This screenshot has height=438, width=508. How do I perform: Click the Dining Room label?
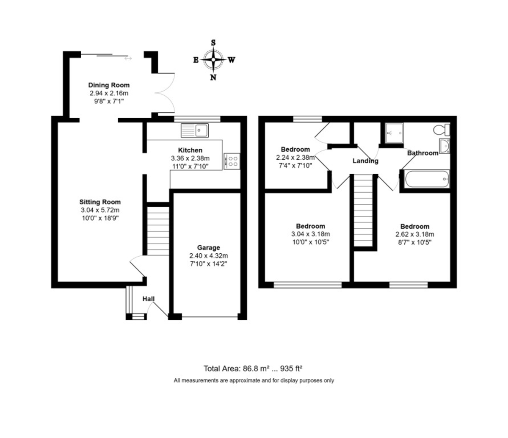(x=109, y=85)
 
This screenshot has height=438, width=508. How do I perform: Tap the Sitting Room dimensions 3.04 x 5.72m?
(x=100, y=210)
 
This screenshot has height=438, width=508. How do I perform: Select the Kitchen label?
(x=190, y=150)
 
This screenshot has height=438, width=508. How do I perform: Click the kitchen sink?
(x=195, y=130)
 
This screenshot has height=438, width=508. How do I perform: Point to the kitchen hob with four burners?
(x=232, y=161)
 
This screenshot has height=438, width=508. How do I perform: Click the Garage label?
(x=208, y=247)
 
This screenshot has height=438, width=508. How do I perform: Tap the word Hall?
(x=149, y=299)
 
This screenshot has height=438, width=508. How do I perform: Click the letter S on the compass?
(x=213, y=43)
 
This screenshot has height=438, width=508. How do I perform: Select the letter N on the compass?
(x=213, y=78)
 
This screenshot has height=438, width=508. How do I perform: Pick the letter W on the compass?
(x=232, y=60)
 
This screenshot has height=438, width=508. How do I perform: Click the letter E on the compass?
(x=196, y=60)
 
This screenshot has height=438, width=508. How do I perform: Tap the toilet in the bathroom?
(x=442, y=130)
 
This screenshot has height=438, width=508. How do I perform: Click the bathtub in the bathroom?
(x=427, y=179)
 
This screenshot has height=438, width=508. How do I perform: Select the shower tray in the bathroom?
(x=394, y=133)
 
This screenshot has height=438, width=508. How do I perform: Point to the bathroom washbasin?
(x=444, y=146)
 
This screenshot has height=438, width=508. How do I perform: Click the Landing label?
(x=365, y=161)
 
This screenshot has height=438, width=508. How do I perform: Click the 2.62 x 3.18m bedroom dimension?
(x=414, y=234)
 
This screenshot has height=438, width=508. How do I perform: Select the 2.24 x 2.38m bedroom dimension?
(x=295, y=157)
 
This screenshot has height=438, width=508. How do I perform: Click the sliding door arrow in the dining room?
(x=128, y=58)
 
